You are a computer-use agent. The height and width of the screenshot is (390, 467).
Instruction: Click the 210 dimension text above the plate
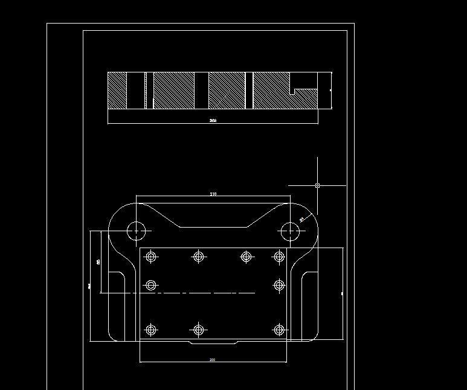point(213,194)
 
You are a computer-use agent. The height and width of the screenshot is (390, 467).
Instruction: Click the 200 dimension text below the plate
point(213,360)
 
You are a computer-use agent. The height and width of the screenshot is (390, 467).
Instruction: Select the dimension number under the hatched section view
point(213,121)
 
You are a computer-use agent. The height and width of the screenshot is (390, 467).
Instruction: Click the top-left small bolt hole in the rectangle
point(151,257)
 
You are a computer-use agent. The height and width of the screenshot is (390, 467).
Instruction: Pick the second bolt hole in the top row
point(198,257)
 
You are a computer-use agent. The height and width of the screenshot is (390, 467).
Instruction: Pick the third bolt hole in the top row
point(246,257)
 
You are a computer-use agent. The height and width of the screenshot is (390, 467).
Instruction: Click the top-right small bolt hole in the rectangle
point(279,257)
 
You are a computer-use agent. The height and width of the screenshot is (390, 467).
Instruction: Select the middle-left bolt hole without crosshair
point(151,285)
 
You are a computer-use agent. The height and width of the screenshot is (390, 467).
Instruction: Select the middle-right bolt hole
point(279,285)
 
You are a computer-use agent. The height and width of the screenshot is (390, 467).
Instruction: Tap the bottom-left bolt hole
point(151,330)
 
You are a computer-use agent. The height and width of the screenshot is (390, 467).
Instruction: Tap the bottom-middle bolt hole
point(198,330)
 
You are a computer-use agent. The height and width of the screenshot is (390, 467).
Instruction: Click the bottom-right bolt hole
point(279,330)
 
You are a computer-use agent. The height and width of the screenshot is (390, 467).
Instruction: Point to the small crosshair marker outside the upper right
point(318,185)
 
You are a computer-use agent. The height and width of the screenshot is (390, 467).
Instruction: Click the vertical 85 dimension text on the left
point(98,261)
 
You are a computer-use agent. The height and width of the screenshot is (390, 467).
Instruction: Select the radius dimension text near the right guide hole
point(301,220)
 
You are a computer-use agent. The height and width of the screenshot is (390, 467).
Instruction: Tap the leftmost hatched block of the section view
point(117,91)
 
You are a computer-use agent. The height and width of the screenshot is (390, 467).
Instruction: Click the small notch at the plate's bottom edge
point(214,342)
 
